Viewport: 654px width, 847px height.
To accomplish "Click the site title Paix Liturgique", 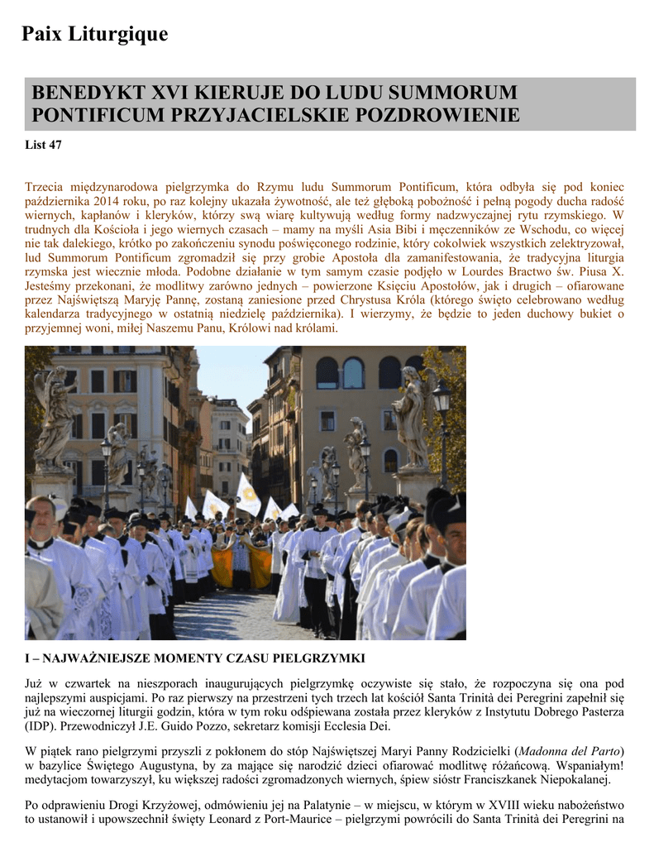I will tap(94, 34).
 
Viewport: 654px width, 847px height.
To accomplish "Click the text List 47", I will tap(43, 146).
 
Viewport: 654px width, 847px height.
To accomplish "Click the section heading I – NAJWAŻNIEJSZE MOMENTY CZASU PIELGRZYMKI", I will tap(193, 658).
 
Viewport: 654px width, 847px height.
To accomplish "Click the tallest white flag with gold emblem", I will tap(248, 495).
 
